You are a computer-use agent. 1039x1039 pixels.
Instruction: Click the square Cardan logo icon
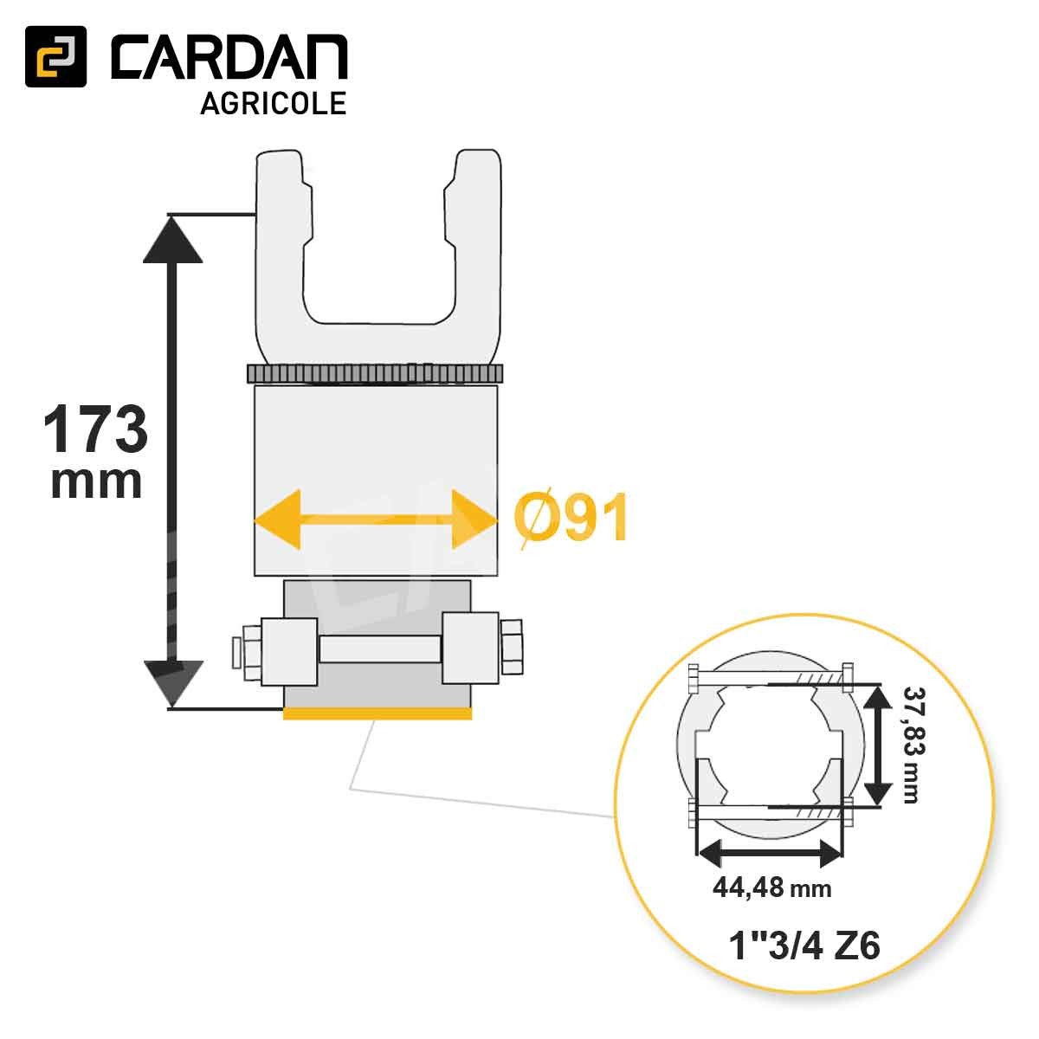[55, 56]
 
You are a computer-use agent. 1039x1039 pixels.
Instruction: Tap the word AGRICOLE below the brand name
[273, 103]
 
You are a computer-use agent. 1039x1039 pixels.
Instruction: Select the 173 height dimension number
[95, 430]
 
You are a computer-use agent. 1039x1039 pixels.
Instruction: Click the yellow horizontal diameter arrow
[375, 519]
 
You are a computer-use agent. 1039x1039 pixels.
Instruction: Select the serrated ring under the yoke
[375, 374]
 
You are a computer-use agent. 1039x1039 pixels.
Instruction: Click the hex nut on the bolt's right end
[511, 648]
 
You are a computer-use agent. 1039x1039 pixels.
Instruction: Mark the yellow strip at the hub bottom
[378, 713]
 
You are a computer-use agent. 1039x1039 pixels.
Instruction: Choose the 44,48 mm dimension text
[771, 887]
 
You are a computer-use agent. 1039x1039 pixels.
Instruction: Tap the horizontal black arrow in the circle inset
[769, 854]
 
